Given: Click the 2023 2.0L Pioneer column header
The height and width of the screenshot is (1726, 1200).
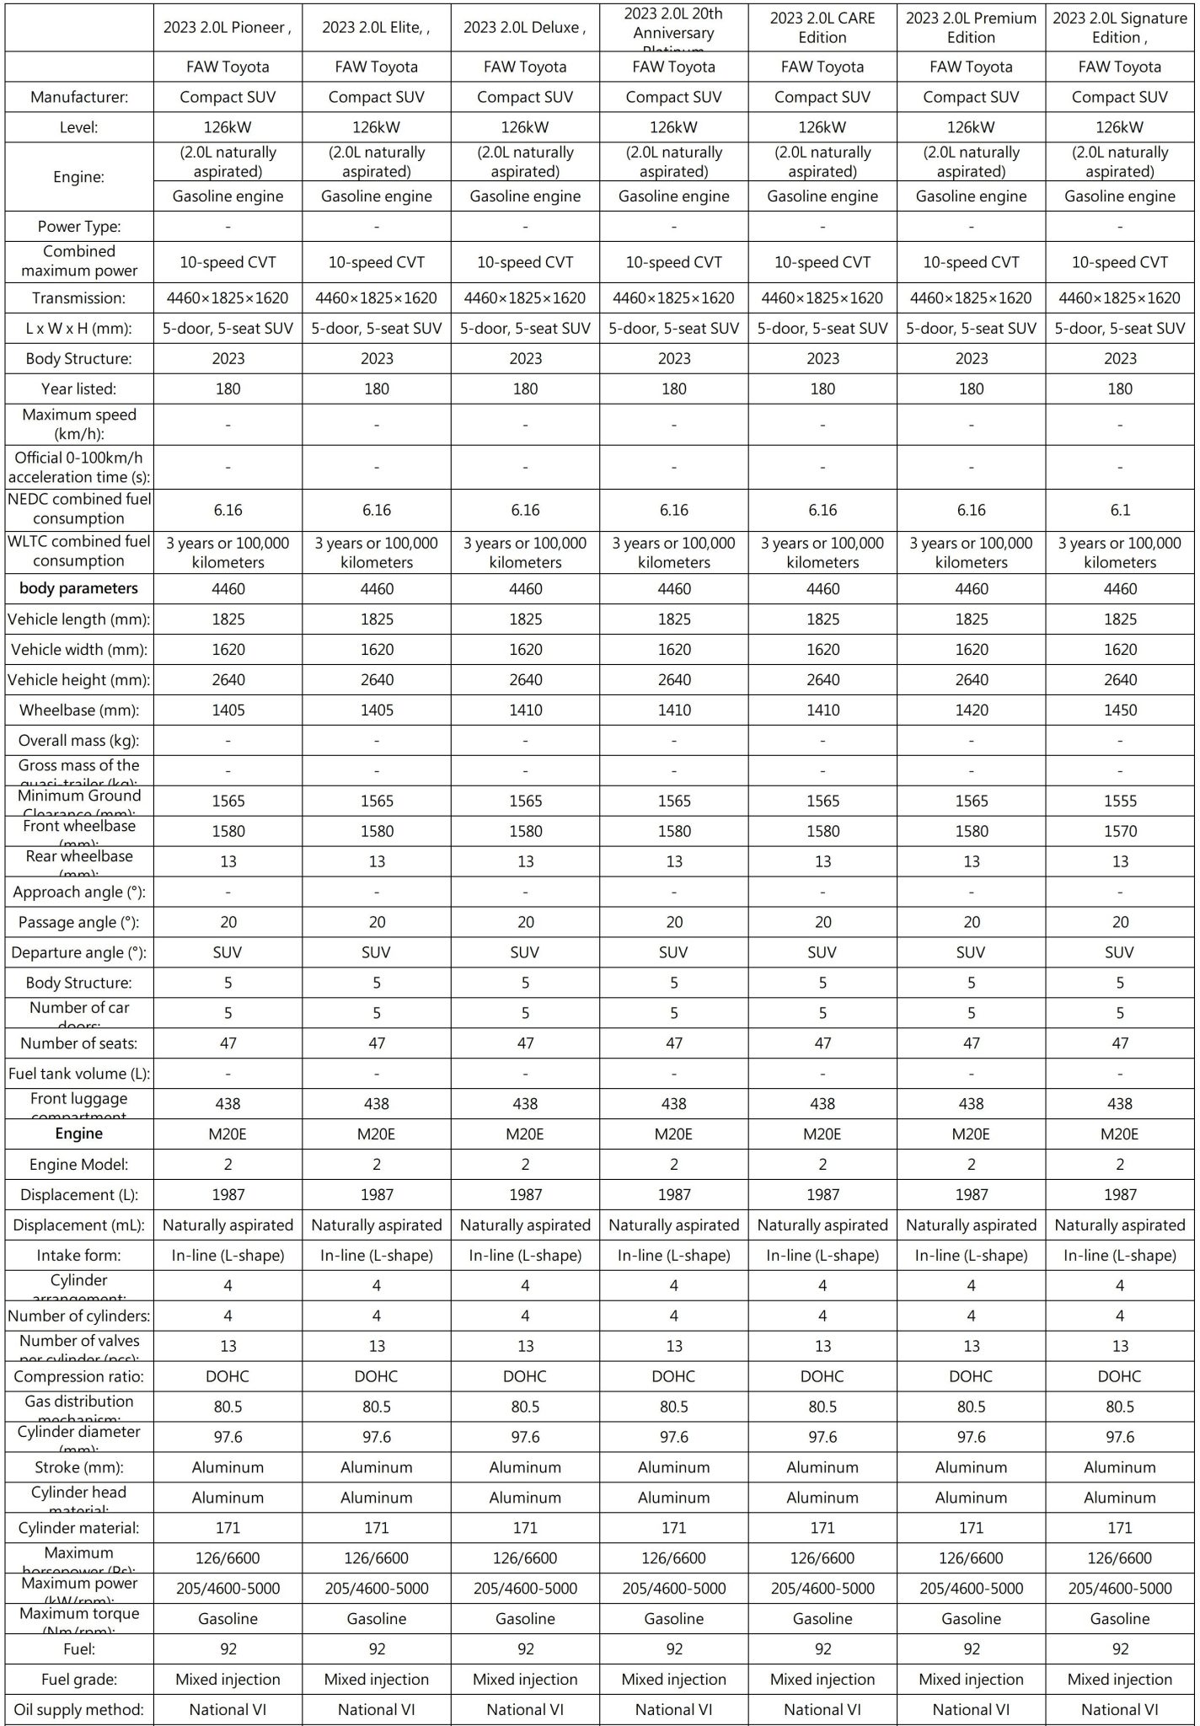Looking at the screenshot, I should tap(228, 28).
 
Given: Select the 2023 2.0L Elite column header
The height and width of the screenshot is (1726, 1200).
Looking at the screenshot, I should tap(376, 28).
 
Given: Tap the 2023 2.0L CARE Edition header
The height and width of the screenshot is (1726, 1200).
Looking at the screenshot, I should tap(822, 28).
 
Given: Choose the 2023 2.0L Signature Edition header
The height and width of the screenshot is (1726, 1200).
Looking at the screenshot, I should tap(1120, 28).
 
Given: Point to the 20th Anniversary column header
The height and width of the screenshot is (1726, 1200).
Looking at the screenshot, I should tap(673, 25).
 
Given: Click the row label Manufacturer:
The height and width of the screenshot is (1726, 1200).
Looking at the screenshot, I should tap(79, 97).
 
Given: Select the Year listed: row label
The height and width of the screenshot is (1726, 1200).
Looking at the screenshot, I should tap(79, 389).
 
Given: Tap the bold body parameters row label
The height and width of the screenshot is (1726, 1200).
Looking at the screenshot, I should tap(79, 588).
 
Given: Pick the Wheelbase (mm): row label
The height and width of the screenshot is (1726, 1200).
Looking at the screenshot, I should tap(79, 710).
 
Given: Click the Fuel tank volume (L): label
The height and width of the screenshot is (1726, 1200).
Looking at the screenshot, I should tap(79, 1074).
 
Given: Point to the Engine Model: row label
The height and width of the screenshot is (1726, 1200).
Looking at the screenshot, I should tap(79, 1165).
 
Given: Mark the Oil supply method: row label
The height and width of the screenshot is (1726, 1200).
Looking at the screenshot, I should tap(79, 1710).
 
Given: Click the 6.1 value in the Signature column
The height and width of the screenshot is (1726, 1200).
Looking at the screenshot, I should tap(1120, 510).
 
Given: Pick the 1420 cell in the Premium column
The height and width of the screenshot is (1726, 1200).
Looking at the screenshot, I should tap(972, 710).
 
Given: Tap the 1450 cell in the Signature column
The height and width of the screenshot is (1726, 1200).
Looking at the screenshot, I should tap(1120, 710).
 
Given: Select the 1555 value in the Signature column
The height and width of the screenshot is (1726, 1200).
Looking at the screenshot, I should tap(1120, 801).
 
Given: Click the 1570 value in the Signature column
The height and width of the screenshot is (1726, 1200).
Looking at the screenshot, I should tap(1120, 831).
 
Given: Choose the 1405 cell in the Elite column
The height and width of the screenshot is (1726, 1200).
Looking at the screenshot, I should tap(377, 710).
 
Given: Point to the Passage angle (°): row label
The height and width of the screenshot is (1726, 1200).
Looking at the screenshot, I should tap(79, 922).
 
